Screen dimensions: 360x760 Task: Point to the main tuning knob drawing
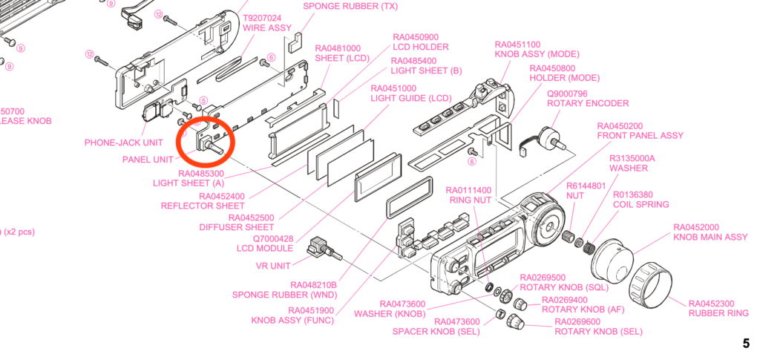pos(611,258)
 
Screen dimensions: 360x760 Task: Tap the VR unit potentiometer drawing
pos(324,247)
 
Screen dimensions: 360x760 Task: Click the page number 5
pos(745,344)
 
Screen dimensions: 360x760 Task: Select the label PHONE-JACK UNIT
pos(123,143)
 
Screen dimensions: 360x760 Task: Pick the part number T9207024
pos(263,18)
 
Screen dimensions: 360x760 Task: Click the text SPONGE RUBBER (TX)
pos(347,6)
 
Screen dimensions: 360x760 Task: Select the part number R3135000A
pos(632,158)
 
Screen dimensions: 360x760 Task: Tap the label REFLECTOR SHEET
pos(203,206)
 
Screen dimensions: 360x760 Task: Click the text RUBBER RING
pos(718,313)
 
